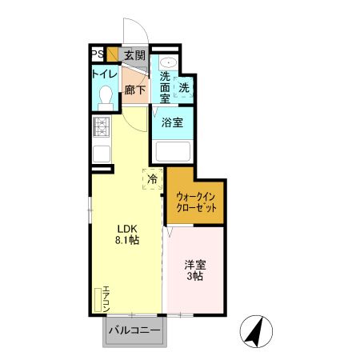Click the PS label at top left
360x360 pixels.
pyautogui.click(x=96, y=54)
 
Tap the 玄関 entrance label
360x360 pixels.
pyautogui.click(x=134, y=55)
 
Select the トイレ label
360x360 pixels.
pyautogui.click(x=103, y=74)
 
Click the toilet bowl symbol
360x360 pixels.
pyautogui.click(x=102, y=98)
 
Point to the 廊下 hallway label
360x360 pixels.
pyautogui.click(x=134, y=90)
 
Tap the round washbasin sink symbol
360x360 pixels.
pyautogui.click(x=168, y=62)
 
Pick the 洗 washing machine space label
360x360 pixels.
pyautogui.click(x=184, y=87)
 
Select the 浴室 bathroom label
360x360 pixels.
pyautogui.click(x=171, y=122)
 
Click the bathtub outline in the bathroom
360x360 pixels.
pyautogui.click(x=173, y=150)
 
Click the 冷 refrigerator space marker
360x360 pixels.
pyautogui.click(x=151, y=178)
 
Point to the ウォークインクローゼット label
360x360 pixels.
pyautogui.click(x=196, y=200)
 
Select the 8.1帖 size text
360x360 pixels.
pyautogui.click(x=128, y=239)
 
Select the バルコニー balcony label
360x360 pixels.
pyautogui.click(x=134, y=330)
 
